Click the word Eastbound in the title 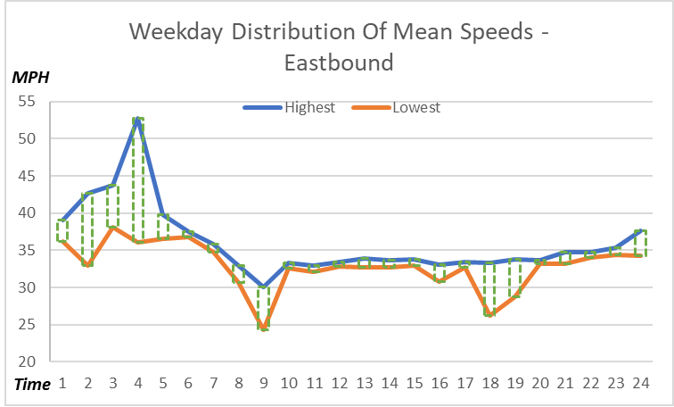pos(339,63)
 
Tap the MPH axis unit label pos(29,77)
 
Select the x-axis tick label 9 pos(263,383)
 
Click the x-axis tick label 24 pos(639,383)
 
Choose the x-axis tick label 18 pos(489,383)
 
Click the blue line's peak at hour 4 pos(138,118)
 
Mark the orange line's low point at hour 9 pos(263,328)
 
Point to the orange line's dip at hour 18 pos(489,315)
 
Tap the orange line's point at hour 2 pos(87,265)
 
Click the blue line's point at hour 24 pos(639,230)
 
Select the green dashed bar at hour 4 pos(138,179)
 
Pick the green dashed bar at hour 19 pos(514,278)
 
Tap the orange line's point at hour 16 pos(439,281)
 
